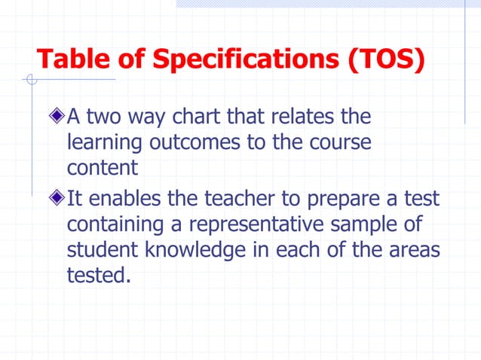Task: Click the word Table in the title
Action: [69, 59]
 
